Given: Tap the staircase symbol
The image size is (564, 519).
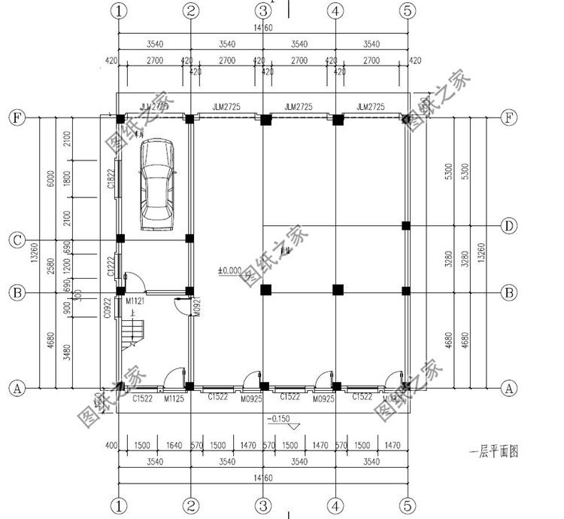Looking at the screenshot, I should point(129,331).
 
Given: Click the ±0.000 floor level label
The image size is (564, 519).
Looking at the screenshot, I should point(230,270).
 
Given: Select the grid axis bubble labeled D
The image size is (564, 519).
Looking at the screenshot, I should point(509,225).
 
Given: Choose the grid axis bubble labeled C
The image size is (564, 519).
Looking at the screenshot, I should point(16,240).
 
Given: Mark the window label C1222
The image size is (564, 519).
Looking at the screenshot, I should point(110,266).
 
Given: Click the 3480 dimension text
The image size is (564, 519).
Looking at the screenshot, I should point(68,351).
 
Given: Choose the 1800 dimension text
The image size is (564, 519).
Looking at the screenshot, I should point(68,179).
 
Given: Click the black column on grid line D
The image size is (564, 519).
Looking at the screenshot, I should point(406,225).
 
